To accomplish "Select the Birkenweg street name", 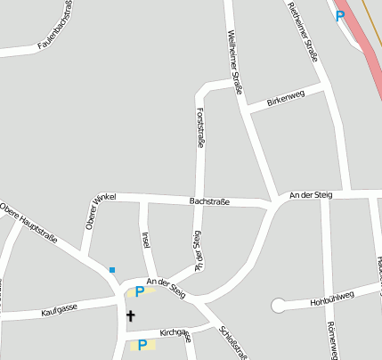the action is (286, 97).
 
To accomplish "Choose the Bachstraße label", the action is (209, 201).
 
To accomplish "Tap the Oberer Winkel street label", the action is (95, 210).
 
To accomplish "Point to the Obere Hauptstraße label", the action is (29, 223).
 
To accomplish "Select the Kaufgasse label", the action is (60, 311).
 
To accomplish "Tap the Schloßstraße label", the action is (232, 340).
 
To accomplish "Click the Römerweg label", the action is (332, 340).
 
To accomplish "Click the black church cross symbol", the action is (130, 315).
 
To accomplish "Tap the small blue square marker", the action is (112, 269).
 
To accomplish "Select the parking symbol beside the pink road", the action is (339, 15).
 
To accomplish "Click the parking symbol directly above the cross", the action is (139, 291).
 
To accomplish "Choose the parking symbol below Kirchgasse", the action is (142, 345).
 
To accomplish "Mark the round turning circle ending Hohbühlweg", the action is (277, 306).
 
